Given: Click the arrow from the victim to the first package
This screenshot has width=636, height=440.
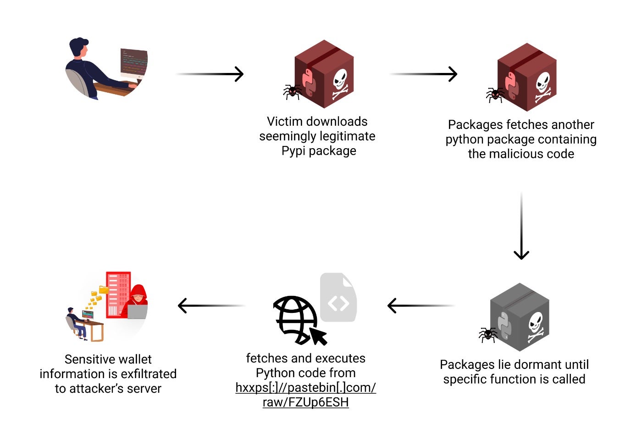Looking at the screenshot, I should [210, 74].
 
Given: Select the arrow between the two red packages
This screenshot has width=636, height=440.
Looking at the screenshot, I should [424, 74].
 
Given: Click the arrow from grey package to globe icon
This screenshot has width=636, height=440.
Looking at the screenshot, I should [420, 306].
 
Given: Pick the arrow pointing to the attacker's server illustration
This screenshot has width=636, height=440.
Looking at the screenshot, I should [211, 306].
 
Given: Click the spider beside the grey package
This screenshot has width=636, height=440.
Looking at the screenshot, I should [488, 334].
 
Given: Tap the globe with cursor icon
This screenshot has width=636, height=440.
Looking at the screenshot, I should [297, 320].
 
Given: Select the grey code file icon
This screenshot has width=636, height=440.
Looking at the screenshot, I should [338, 298].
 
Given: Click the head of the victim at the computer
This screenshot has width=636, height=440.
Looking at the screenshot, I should [79, 47].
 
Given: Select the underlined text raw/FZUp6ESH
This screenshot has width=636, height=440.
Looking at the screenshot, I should [305, 402].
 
